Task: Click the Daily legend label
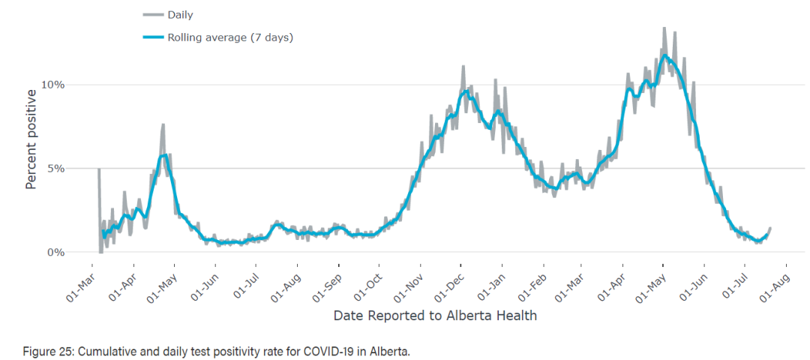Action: pos(180,15)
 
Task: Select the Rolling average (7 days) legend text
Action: pos(230,37)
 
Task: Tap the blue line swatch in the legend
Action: pos(153,37)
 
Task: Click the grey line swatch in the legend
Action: pos(153,15)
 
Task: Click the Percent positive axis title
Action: pos(31,139)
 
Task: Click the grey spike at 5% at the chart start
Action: pos(99,169)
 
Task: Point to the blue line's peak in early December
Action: pos(466,91)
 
